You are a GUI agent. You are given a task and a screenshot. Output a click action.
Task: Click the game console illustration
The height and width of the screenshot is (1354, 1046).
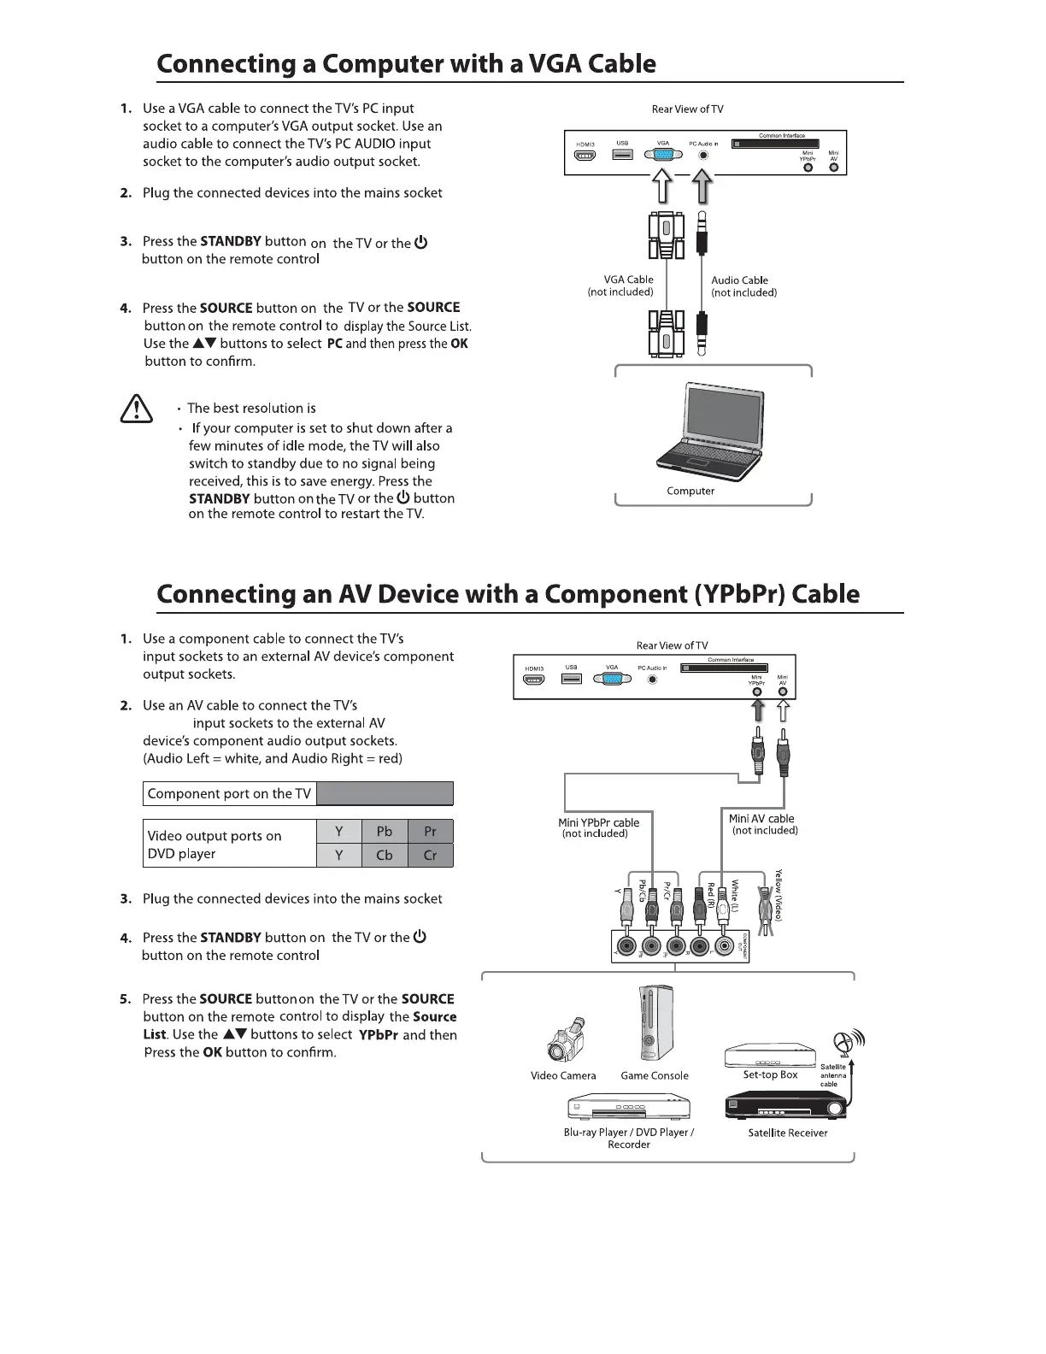click(x=654, y=1024)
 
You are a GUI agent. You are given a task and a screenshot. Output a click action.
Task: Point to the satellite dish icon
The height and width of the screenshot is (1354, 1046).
click(x=844, y=1044)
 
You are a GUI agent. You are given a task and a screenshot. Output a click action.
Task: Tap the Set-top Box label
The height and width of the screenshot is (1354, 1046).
click(x=770, y=1074)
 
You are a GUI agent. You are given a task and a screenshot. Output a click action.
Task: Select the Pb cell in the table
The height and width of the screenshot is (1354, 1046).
click(x=385, y=832)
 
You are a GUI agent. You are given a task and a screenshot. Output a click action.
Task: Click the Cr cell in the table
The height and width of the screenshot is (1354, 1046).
click(x=430, y=856)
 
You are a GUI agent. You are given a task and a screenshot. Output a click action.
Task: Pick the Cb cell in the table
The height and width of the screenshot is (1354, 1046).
click(x=385, y=856)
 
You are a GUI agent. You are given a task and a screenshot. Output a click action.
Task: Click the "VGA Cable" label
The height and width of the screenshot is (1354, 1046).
click(x=628, y=280)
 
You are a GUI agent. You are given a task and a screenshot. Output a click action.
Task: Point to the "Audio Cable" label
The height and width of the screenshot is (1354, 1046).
click(x=739, y=280)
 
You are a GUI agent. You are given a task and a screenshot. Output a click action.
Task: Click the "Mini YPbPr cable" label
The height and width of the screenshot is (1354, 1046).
click(x=598, y=822)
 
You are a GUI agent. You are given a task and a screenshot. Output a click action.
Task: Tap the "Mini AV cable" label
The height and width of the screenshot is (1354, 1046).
click(x=761, y=818)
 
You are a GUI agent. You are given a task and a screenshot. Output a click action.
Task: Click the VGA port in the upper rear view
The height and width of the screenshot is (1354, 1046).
click(x=662, y=155)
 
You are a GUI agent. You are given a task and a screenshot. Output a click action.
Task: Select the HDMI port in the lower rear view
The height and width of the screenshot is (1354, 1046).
click(x=535, y=680)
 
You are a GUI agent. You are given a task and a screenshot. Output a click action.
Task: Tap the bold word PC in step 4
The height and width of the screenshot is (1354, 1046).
click(x=334, y=344)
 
